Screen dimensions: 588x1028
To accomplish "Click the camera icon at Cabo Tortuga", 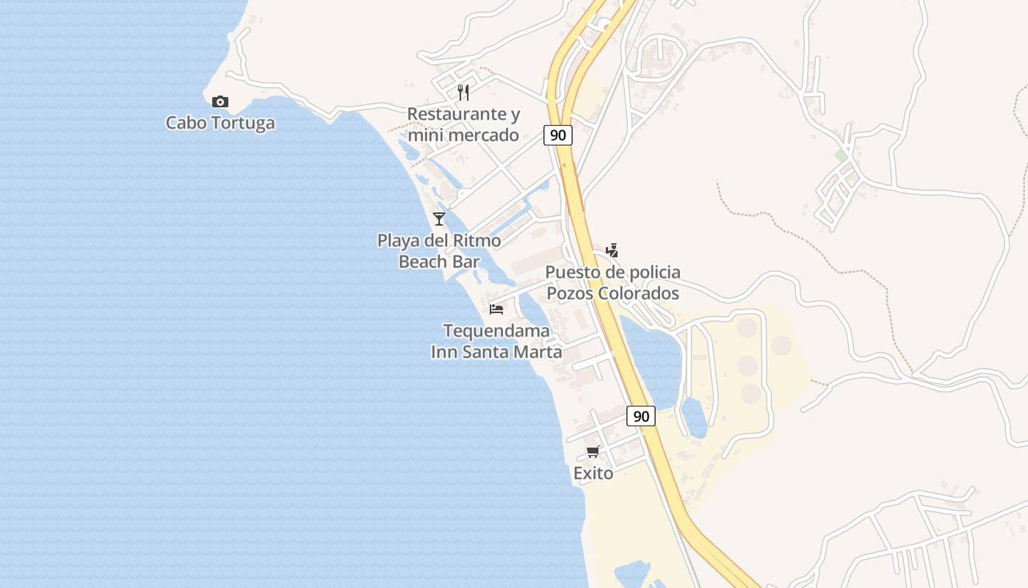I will [x=220, y=101].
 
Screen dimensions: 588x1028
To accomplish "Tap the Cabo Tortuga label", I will [x=220, y=123].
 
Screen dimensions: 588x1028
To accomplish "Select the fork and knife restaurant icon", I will [x=463, y=92].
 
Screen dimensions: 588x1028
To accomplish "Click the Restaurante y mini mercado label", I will [x=463, y=124].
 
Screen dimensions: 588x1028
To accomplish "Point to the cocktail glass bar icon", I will [x=439, y=218].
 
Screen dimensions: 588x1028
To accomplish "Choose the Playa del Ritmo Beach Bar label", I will [x=439, y=251].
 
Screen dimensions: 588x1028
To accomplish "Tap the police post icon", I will [x=612, y=250].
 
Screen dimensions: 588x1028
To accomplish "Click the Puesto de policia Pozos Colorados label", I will [x=612, y=283].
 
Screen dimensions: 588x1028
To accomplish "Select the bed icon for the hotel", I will [x=496, y=309].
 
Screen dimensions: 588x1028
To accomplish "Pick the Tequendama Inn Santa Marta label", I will [x=496, y=341].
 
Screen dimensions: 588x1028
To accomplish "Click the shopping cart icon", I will [x=593, y=451].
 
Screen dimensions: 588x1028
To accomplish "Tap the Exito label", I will [x=593, y=473].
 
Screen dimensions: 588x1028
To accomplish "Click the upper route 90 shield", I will [x=558, y=135].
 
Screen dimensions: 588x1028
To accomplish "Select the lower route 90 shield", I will [x=641, y=416].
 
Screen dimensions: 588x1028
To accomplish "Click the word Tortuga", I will [x=243, y=123].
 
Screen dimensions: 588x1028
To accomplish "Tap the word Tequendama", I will [x=496, y=331].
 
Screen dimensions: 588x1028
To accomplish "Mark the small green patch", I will [x=840, y=156].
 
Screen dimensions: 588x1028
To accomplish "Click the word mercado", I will [x=483, y=135].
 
